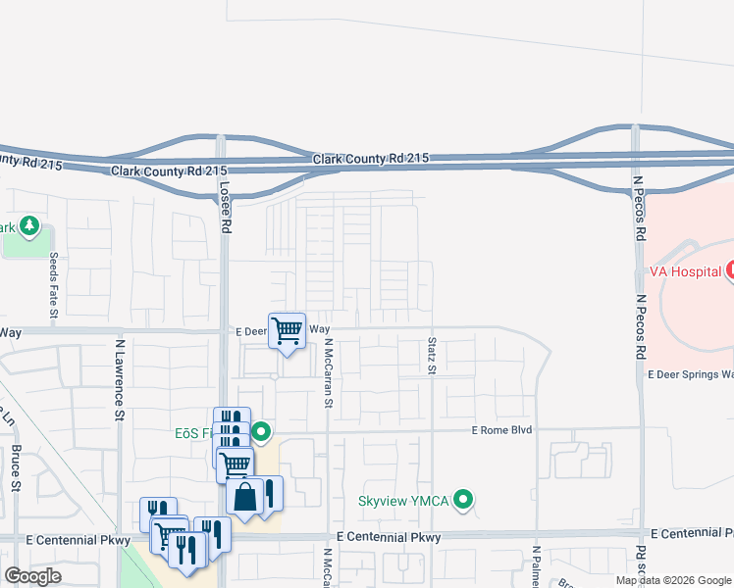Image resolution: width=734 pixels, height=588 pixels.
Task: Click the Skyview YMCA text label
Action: click(x=401, y=501)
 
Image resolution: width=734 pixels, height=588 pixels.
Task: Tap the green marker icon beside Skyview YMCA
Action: click(x=465, y=501)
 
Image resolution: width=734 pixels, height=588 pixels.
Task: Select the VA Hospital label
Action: click(x=685, y=271)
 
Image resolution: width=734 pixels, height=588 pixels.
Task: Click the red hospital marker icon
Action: click(x=730, y=270)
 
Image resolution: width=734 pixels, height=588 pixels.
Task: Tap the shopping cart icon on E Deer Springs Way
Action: click(x=287, y=331)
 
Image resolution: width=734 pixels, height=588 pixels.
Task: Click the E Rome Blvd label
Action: click(x=501, y=430)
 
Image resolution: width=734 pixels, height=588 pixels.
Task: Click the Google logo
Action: click(x=32, y=576)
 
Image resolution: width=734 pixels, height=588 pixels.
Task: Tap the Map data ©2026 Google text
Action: click(x=672, y=580)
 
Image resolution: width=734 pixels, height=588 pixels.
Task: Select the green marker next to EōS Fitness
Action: click(x=261, y=431)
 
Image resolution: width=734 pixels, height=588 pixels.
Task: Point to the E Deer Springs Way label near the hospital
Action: click(x=690, y=374)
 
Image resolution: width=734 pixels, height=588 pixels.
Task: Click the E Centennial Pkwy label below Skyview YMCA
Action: click(x=389, y=537)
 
